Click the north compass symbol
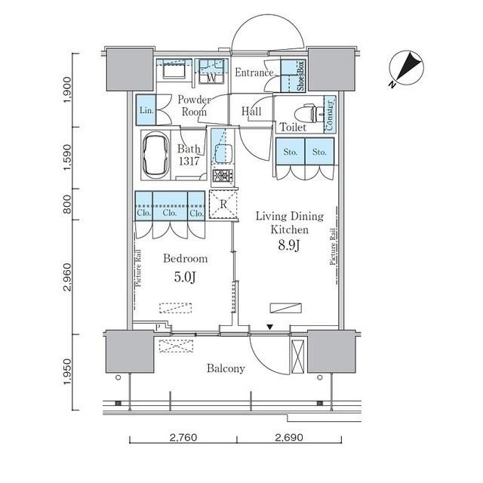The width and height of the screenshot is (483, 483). (406, 69)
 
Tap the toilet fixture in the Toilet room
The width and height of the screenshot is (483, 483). (309, 114)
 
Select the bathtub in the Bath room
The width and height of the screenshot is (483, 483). (156, 155)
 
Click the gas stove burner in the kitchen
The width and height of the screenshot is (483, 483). (223, 176)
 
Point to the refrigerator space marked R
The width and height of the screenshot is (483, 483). (223, 205)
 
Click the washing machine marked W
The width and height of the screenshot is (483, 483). (211, 71)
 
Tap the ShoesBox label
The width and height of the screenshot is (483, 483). (300, 76)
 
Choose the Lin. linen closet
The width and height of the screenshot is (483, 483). (146, 109)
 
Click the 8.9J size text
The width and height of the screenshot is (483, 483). (289, 245)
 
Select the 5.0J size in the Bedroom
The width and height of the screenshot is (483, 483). (185, 277)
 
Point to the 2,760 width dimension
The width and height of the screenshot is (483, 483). (183, 437)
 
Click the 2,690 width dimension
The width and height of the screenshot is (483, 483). (289, 437)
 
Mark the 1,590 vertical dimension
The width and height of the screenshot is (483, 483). (67, 157)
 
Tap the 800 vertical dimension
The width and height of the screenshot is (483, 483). (67, 205)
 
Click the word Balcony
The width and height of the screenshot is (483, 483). (226, 368)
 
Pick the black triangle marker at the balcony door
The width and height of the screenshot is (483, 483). (270, 327)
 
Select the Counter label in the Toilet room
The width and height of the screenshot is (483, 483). (330, 115)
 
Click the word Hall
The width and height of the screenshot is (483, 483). (251, 111)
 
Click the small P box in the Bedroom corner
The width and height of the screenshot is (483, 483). (158, 328)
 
